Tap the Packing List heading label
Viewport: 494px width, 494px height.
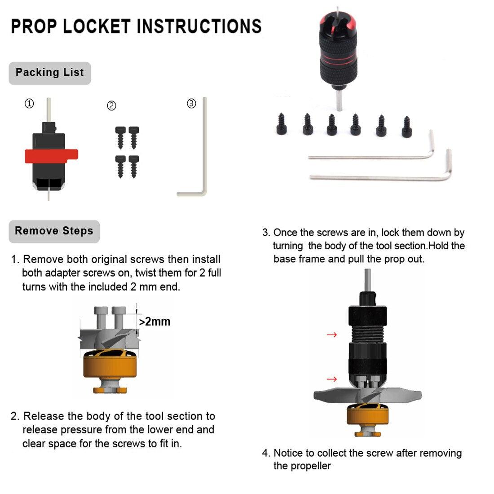tap(49, 73)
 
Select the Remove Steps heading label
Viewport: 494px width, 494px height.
tap(54, 231)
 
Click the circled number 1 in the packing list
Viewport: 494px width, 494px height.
tap(29, 104)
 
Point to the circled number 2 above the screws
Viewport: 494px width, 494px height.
tap(111, 106)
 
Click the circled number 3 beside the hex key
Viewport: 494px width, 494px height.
tap(191, 104)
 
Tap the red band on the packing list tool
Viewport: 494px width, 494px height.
tap(51, 155)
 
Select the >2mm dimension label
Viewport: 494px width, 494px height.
tap(154, 322)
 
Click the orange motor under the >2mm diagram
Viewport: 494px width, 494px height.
tap(110, 365)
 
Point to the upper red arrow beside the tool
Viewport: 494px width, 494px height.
tap(331, 335)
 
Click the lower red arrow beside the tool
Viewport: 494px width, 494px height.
tap(331, 379)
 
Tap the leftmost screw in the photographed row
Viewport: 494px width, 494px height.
tap(282, 125)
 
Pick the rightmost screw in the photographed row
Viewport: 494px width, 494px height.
tap(407, 127)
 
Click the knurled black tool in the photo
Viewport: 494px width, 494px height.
tap(338, 49)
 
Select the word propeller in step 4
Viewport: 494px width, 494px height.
tap(310, 466)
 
